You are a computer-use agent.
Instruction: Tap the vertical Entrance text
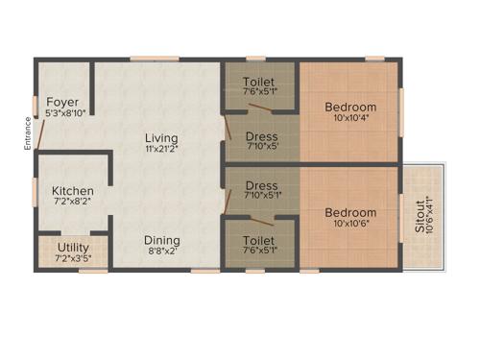28,135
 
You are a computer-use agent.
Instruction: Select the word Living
161,136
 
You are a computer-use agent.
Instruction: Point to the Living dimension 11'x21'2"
161,148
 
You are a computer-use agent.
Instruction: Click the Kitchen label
72,191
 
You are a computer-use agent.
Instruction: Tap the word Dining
161,240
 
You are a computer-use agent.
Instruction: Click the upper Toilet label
261,81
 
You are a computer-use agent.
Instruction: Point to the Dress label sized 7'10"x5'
261,136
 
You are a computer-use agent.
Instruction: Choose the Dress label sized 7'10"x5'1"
261,185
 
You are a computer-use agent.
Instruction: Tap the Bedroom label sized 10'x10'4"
349,107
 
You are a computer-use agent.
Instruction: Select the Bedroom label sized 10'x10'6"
349,212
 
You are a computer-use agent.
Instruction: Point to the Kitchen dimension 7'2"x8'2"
72,203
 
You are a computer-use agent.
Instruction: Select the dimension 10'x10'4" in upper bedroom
349,118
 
